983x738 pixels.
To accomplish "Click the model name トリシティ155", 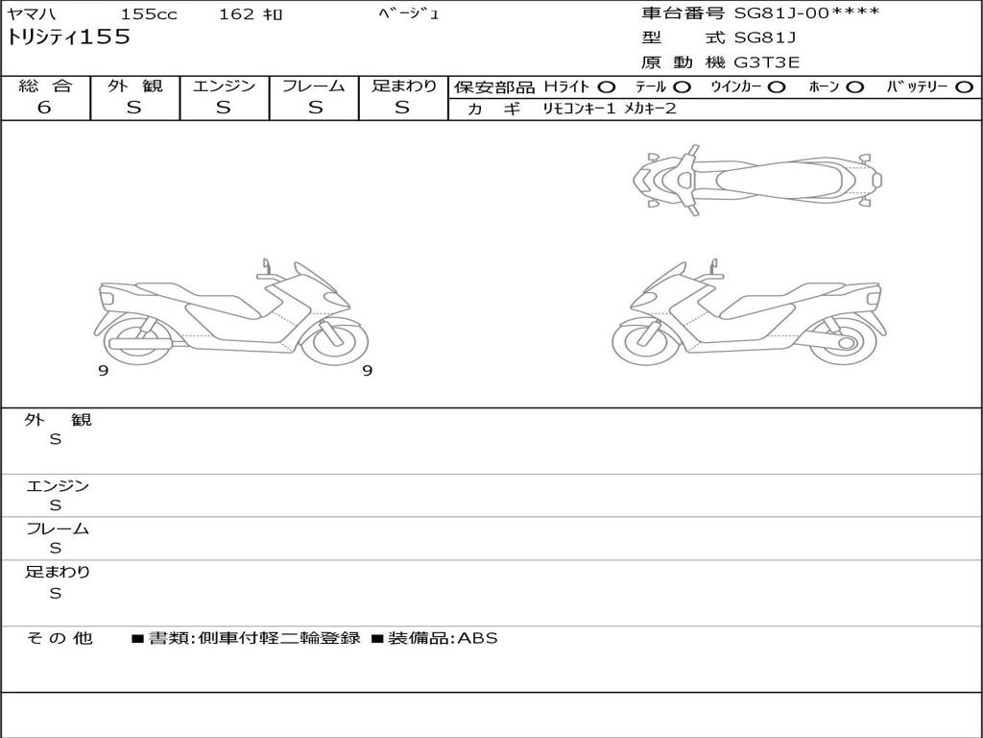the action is click(x=68, y=37).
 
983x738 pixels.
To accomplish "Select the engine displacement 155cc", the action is click(x=149, y=13).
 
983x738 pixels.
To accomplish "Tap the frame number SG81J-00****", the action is click(x=806, y=12).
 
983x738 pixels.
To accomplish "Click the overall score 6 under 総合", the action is click(x=44, y=108).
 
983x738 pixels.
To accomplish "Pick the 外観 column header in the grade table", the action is click(x=134, y=86).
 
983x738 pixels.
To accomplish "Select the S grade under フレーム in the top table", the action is click(x=315, y=108).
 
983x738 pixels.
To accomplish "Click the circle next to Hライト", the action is click(x=607, y=87).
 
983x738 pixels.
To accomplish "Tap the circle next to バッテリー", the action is click(x=964, y=87).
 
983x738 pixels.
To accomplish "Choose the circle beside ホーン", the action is click(x=854, y=87).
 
